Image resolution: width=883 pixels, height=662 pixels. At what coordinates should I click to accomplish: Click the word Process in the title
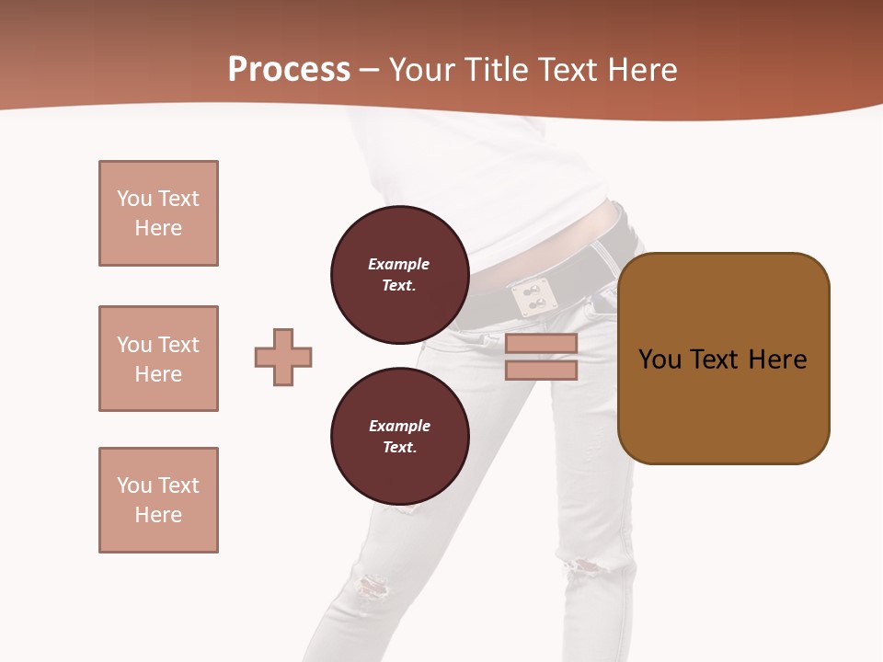click(x=289, y=70)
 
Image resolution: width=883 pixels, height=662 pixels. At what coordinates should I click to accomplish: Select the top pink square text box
click(x=158, y=213)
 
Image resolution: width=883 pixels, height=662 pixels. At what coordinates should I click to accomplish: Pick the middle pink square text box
click(x=158, y=359)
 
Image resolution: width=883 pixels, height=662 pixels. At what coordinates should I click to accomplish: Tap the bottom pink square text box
click(x=158, y=500)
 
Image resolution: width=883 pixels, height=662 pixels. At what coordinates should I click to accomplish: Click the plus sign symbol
click(x=283, y=357)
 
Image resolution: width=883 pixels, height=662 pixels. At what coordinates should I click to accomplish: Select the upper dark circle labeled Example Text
click(x=399, y=275)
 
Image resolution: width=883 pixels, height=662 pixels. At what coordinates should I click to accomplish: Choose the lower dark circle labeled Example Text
click(x=399, y=437)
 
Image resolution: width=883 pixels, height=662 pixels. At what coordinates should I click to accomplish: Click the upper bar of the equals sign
click(x=541, y=343)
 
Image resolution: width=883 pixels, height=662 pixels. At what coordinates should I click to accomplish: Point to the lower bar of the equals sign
click(x=541, y=371)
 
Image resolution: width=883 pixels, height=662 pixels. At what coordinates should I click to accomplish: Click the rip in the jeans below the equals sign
click(x=583, y=565)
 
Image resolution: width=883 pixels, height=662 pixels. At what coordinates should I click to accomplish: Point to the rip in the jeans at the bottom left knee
click(x=372, y=586)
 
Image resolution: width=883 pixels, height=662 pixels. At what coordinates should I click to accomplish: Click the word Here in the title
click(x=643, y=70)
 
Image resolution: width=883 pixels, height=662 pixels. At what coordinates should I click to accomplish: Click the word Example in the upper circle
click(x=399, y=264)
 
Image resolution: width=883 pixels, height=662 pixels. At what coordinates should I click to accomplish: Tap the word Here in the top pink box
click(x=158, y=228)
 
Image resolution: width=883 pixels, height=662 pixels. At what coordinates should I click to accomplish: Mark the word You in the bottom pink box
click(x=134, y=485)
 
